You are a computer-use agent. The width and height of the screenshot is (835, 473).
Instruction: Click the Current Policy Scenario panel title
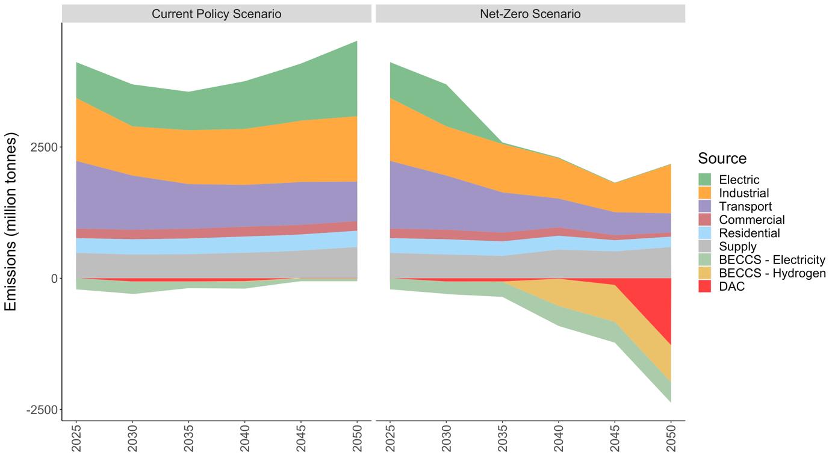(x=216, y=14)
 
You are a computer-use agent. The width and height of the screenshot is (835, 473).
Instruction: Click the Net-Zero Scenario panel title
(x=530, y=14)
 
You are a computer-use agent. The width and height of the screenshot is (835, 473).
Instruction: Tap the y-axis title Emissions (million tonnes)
(x=11, y=221)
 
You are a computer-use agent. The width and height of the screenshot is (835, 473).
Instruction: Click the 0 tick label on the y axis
(x=54, y=279)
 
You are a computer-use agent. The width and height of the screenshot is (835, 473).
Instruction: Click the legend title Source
(x=722, y=158)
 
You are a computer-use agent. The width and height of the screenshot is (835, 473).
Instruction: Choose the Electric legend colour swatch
(x=705, y=180)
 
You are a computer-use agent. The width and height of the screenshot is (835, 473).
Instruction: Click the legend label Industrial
(x=743, y=193)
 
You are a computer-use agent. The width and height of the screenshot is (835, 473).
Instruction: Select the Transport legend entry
(x=745, y=206)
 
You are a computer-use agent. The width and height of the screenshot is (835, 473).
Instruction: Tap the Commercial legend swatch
(x=705, y=220)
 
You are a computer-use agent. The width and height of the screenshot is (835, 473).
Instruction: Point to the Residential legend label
(x=749, y=233)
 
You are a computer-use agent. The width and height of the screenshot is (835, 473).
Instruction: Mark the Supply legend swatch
(x=705, y=247)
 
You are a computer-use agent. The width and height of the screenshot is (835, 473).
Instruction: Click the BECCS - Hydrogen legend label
(x=772, y=273)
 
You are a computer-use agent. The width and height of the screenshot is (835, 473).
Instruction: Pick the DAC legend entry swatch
(x=705, y=286)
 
